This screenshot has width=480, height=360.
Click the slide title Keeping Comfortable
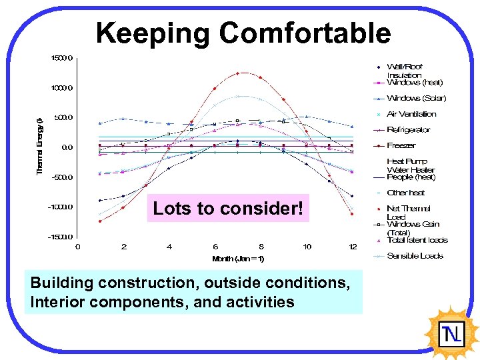click(x=243, y=33)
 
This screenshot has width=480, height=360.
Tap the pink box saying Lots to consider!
click(x=228, y=209)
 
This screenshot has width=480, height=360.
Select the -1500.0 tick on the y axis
click(x=61, y=237)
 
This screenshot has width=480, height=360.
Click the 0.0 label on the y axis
click(x=67, y=147)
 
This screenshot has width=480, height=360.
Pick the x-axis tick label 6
click(x=215, y=247)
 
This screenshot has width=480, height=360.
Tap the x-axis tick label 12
click(x=353, y=247)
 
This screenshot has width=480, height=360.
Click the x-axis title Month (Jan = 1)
click(x=238, y=259)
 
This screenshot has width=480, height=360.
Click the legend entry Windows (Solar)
click(x=416, y=98)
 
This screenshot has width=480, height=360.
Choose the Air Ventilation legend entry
click(x=411, y=114)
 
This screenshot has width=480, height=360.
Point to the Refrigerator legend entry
click(x=409, y=130)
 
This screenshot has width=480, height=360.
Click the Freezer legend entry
click(x=401, y=145)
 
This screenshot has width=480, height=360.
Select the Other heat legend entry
click(x=405, y=193)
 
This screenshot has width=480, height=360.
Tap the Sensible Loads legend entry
click(x=415, y=256)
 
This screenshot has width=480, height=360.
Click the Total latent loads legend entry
click(x=417, y=240)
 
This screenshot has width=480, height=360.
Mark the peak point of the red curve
click(x=238, y=73)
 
